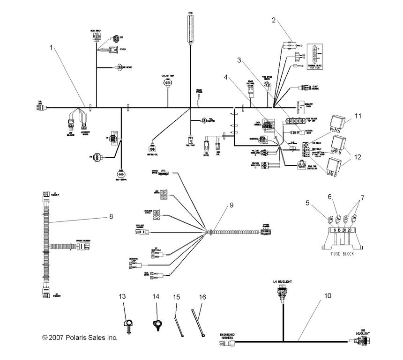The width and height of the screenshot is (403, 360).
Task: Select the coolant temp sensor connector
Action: (x=167, y=82)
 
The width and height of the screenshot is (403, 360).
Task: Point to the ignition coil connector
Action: (x=153, y=144)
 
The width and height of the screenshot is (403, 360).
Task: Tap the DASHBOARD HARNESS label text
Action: (x=227, y=336)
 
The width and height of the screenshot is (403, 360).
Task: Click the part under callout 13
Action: (x=127, y=323)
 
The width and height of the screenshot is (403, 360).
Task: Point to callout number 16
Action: (x=202, y=296)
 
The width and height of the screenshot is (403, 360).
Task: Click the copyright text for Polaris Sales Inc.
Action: (x=79, y=338)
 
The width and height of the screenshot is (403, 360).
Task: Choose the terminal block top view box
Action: (x=315, y=55)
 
